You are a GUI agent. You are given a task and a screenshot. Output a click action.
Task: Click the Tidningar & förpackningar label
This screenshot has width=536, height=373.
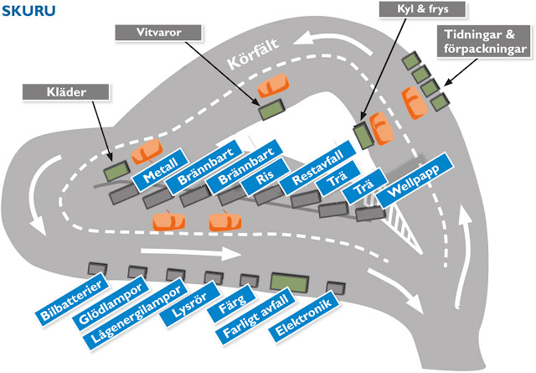click(485, 43)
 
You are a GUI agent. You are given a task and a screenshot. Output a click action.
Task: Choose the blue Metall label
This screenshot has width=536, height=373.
click(158, 174)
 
